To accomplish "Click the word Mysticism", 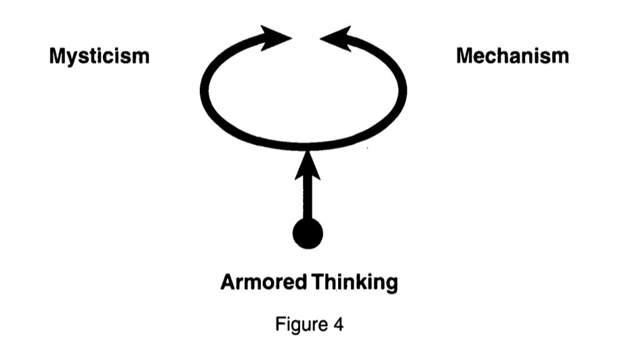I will click(x=99, y=56).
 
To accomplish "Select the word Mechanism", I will click(x=512, y=56).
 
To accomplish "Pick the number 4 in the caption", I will click(x=337, y=324).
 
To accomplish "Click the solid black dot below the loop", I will click(x=308, y=233).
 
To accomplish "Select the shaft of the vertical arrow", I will click(x=308, y=197).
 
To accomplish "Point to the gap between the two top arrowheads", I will click(x=306, y=38).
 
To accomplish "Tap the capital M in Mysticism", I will click(x=56, y=56).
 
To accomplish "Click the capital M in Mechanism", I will click(x=466, y=56).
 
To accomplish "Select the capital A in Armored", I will click(x=227, y=281).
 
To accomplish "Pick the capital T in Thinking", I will click(x=317, y=281).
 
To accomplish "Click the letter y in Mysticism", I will click(x=69, y=58).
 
